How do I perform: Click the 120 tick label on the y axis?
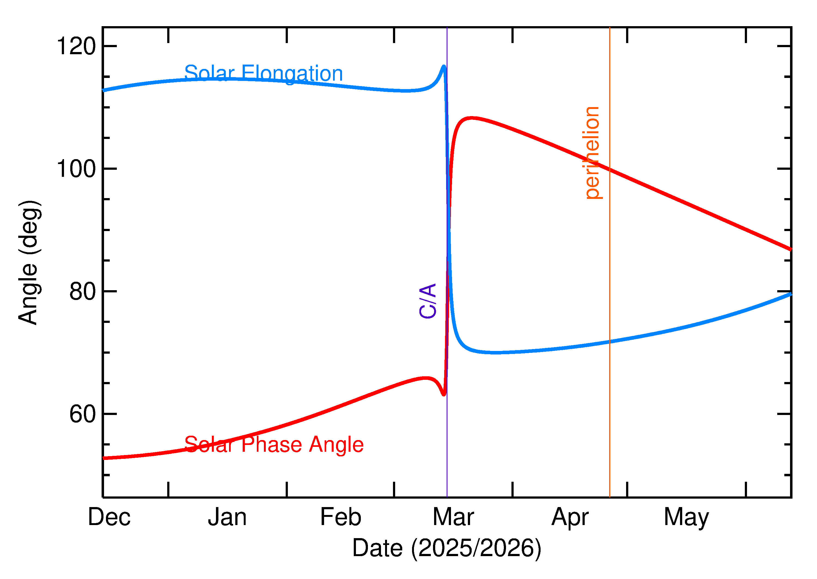point(76,46)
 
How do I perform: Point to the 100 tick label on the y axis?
point(76,169)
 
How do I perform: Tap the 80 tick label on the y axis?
point(83,292)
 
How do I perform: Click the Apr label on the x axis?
point(570,518)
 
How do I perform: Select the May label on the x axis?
point(686,518)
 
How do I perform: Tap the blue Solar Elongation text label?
point(263,74)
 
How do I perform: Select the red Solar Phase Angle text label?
point(274,445)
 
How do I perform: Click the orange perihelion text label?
point(592,153)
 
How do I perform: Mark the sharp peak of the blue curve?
point(444,66)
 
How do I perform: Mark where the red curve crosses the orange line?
point(610,170)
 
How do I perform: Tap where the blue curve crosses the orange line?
point(610,342)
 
